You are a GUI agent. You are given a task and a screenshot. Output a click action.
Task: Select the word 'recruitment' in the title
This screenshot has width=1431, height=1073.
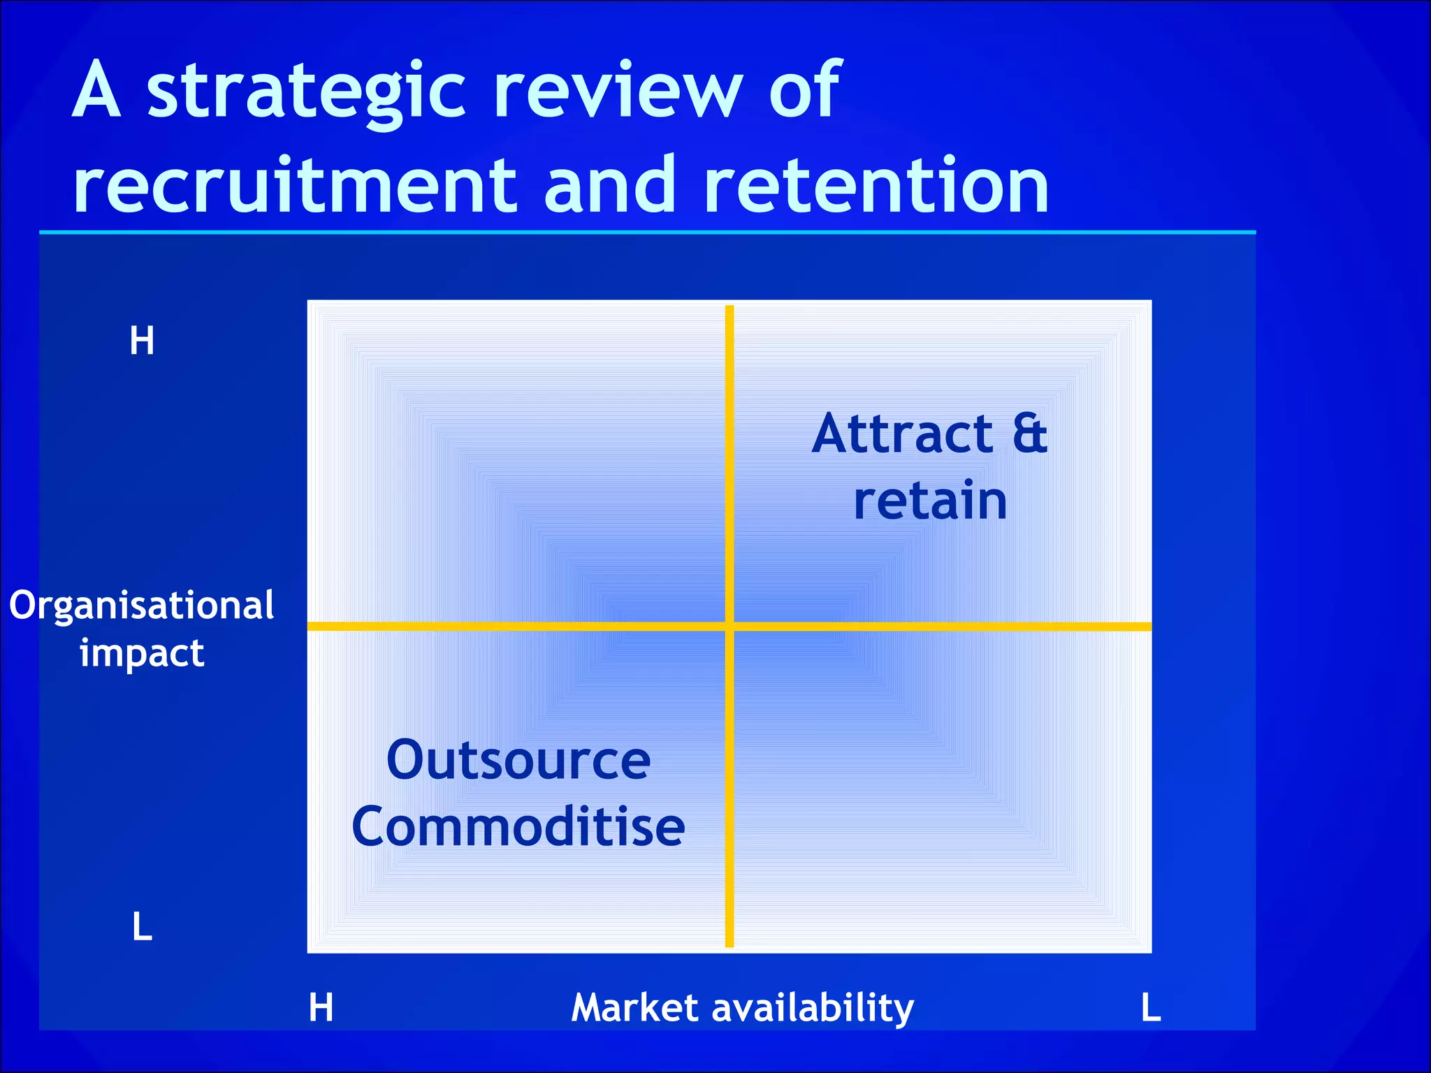point(294,185)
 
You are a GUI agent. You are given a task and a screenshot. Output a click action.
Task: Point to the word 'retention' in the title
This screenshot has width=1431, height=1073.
point(876,185)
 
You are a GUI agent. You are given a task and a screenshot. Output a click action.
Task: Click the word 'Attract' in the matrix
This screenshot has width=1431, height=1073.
point(902,434)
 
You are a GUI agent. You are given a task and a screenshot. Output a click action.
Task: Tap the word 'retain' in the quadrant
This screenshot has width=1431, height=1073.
point(930,500)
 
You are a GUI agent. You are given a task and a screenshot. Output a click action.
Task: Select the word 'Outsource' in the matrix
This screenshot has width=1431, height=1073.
point(518,760)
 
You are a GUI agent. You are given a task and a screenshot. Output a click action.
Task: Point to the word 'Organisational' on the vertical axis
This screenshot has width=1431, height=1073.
point(142,605)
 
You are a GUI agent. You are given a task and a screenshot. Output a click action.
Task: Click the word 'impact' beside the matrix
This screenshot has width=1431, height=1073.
point(142,654)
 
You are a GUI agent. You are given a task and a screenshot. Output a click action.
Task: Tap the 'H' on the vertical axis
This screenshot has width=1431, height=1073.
point(142,342)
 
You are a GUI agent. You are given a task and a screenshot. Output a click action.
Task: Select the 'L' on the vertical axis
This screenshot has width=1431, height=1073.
point(142,927)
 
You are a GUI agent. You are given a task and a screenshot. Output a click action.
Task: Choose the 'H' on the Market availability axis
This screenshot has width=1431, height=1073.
point(321,1007)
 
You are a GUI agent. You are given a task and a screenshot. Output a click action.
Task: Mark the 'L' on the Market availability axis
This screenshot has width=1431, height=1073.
point(1151,1007)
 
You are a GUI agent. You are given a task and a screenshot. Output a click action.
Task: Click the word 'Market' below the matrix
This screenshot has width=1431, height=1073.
point(634,1007)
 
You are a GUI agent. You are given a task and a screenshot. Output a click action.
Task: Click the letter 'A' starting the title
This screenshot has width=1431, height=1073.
point(96,91)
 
